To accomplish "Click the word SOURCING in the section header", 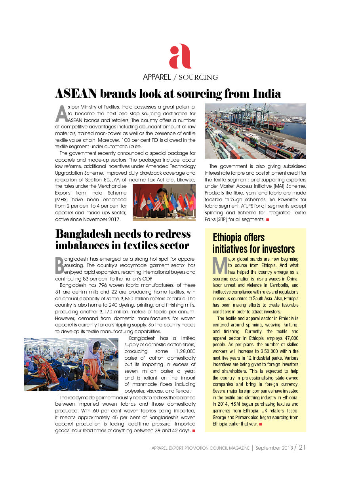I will click(x=198, y=77).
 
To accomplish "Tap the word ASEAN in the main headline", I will click(x=76, y=93).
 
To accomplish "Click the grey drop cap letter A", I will click(x=61, y=114).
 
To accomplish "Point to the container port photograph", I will click(x=255, y=131).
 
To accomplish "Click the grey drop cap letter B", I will click(x=59, y=265).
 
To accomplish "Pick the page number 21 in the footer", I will click(x=302, y=448).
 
